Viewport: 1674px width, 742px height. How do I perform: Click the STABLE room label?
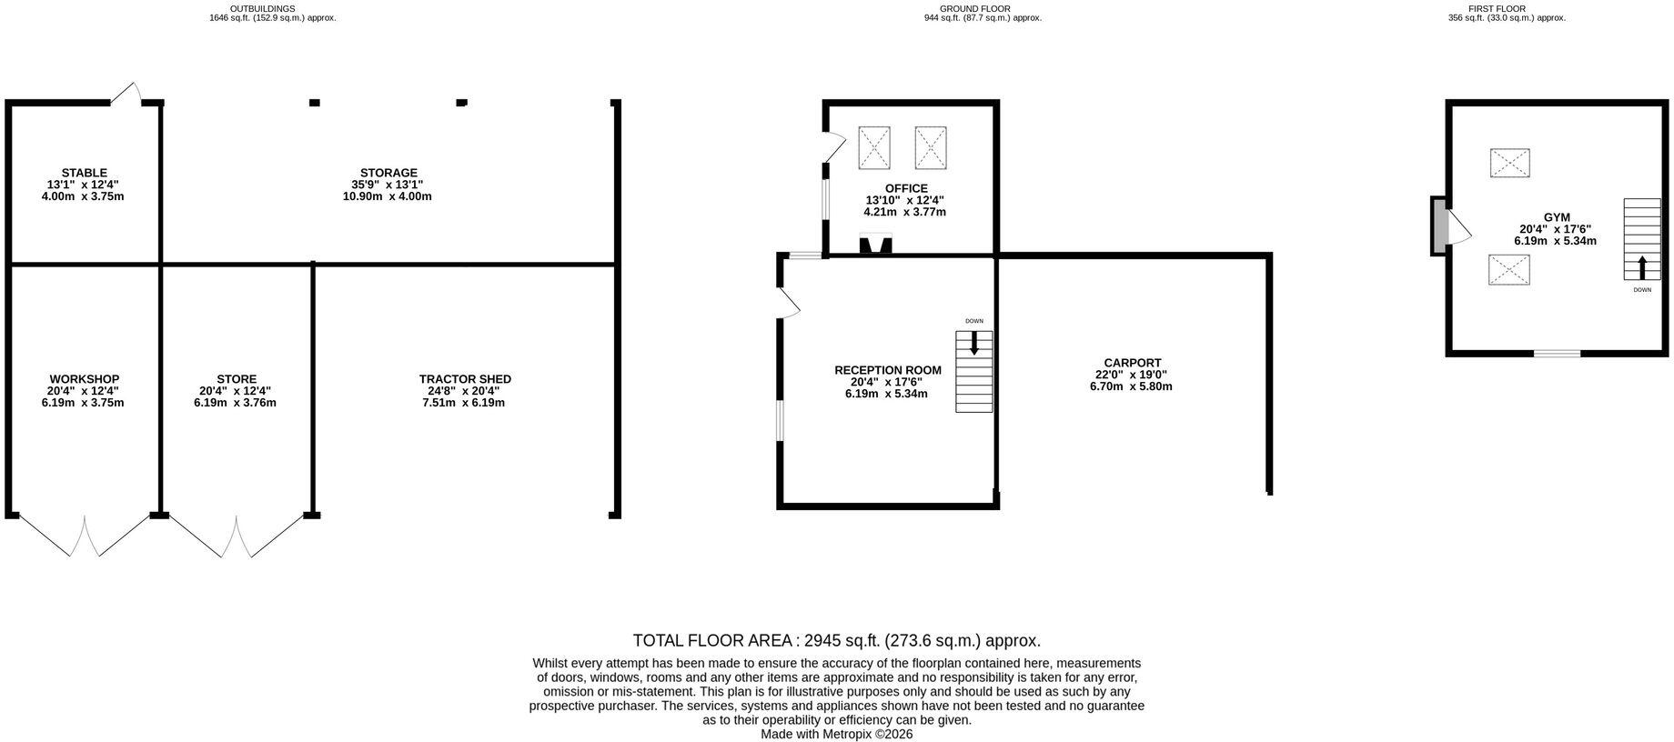[85, 173]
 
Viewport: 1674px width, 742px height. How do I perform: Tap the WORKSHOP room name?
[85, 379]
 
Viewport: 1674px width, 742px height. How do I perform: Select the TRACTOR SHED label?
[465, 379]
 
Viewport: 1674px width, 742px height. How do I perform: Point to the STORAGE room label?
[388, 173]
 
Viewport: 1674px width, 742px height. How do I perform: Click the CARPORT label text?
[1132, 363]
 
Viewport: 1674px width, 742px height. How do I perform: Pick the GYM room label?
[1557, 217]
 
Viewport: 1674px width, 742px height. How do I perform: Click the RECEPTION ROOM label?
[888, 370]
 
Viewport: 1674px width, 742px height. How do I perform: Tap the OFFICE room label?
[906, 188]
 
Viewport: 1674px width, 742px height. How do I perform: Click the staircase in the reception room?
[973, 372]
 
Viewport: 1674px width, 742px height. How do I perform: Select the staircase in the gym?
[1642, 239]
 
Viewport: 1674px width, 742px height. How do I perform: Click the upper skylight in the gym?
[1510, 163]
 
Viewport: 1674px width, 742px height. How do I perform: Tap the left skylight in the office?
[874, 147]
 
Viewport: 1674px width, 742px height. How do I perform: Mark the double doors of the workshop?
[85, 536]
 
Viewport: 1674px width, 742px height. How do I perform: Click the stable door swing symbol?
[126, 93]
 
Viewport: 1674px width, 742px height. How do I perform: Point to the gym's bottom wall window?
[1558, 353]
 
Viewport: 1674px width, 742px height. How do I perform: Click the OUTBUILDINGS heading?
[262, 8]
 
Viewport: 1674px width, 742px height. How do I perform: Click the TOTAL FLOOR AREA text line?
[837, 640]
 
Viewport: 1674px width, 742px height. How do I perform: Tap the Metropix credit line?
[837, 734]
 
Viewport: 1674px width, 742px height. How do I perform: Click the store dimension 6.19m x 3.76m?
[235, 403]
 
